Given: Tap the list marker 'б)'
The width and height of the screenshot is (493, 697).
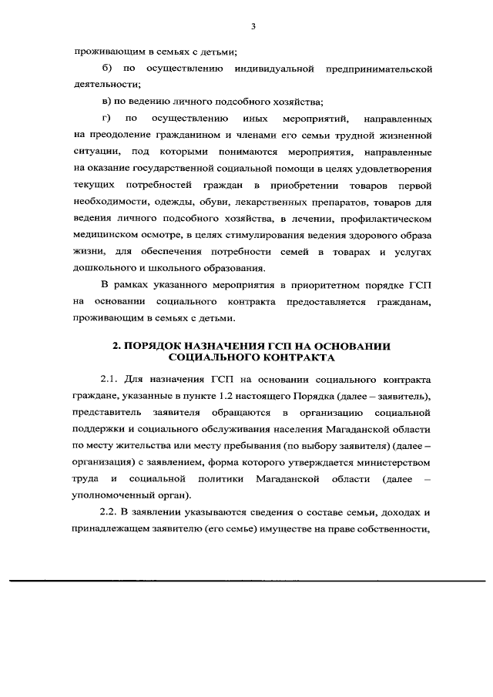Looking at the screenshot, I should coord(107,70).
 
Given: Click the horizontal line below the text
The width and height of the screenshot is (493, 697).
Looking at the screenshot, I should coord(246,580).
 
